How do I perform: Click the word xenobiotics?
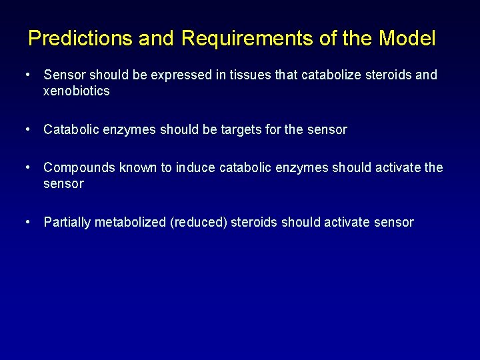point(76,91)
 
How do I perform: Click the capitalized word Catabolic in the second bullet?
point(69,130)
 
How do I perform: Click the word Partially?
point(67,223)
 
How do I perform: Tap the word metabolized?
point(131,223)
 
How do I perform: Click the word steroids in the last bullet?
point(254,223)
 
